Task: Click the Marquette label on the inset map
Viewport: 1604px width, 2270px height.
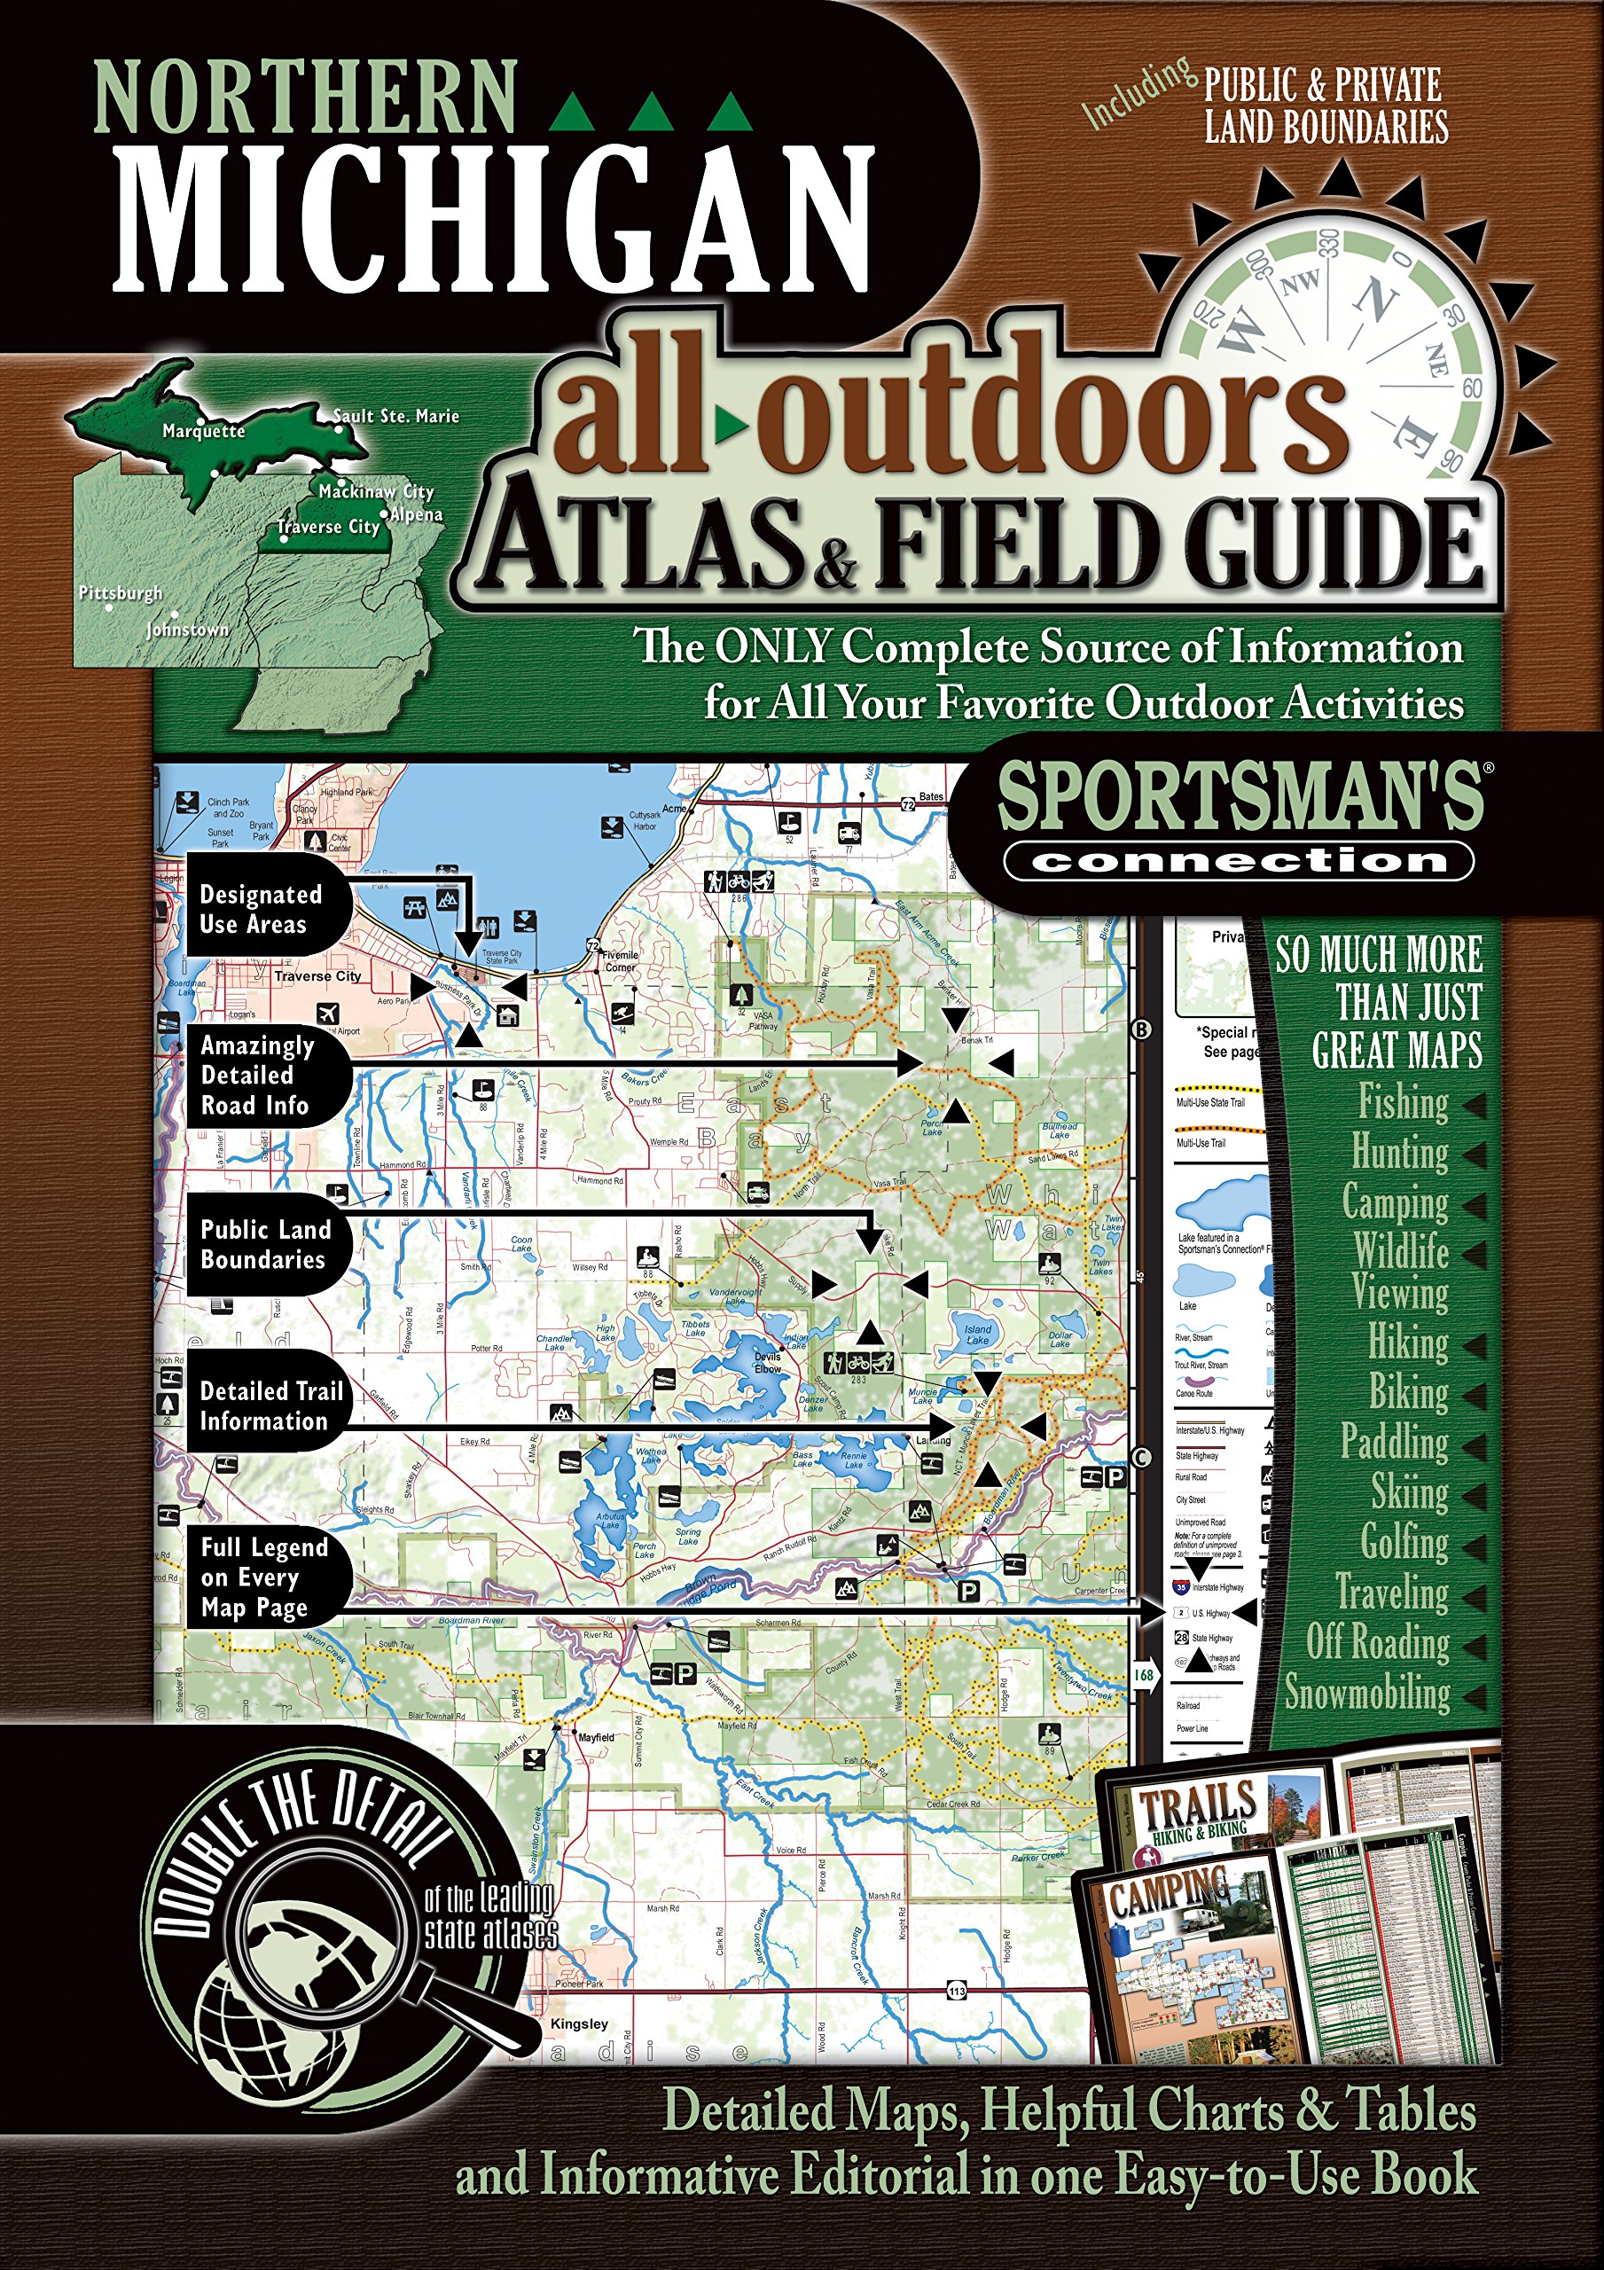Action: (x=204, y=432)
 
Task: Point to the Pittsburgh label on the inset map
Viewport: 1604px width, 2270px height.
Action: (x=121, y=593)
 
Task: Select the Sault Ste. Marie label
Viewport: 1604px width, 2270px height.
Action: (x=396, y=416)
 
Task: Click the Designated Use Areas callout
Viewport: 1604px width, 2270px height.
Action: (x=260, y=910)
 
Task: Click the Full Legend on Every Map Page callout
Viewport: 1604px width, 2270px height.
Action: (x=262, y=1577)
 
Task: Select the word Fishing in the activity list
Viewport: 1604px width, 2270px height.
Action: (x=1402, y=1102)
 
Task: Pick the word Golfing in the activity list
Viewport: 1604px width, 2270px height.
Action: (x=1404, y=1541)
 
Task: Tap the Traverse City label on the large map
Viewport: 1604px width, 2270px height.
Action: (x=317, y=975)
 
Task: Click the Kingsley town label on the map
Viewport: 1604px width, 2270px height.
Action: (x=580, y=2023)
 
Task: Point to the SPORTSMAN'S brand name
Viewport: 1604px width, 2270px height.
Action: (x=1240, y=798)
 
